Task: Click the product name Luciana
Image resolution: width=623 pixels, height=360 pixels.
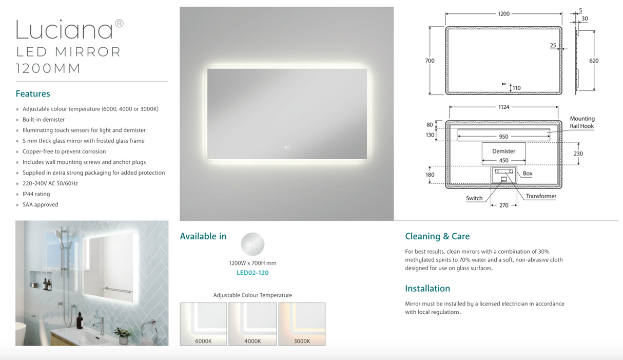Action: [64, 30]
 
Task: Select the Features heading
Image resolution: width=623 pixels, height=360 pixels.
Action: [33, 93]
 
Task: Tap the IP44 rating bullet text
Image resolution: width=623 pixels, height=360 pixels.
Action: [36, 194]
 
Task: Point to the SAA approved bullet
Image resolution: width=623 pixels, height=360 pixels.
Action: [40, 204]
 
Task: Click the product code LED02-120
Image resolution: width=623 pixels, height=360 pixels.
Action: [252, 273]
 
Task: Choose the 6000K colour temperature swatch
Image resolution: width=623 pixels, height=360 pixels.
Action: [203, 324]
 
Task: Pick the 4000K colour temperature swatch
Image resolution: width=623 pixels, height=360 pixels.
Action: [252, 324]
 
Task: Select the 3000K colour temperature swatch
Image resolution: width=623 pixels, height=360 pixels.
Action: [302, 324]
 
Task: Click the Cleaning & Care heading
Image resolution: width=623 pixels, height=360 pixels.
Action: [437, 236]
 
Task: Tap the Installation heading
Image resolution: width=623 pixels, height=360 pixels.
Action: [427, 289]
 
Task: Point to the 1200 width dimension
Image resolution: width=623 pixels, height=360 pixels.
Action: [504, 14]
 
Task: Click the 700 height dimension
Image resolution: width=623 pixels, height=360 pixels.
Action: [430, 61]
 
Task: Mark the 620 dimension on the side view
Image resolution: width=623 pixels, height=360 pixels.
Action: [594, 61]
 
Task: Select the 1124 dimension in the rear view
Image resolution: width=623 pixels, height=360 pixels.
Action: [503, 107]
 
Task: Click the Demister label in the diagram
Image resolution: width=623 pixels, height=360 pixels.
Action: [503, 151]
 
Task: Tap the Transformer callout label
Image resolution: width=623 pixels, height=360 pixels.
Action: [541, 196]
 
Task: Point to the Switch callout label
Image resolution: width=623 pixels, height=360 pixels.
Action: [474, 198]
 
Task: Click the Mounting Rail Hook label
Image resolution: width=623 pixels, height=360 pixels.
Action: [582, 122]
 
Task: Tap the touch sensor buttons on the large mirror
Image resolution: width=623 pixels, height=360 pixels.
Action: [287, 147]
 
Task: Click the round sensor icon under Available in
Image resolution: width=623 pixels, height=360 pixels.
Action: [252, 244]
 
